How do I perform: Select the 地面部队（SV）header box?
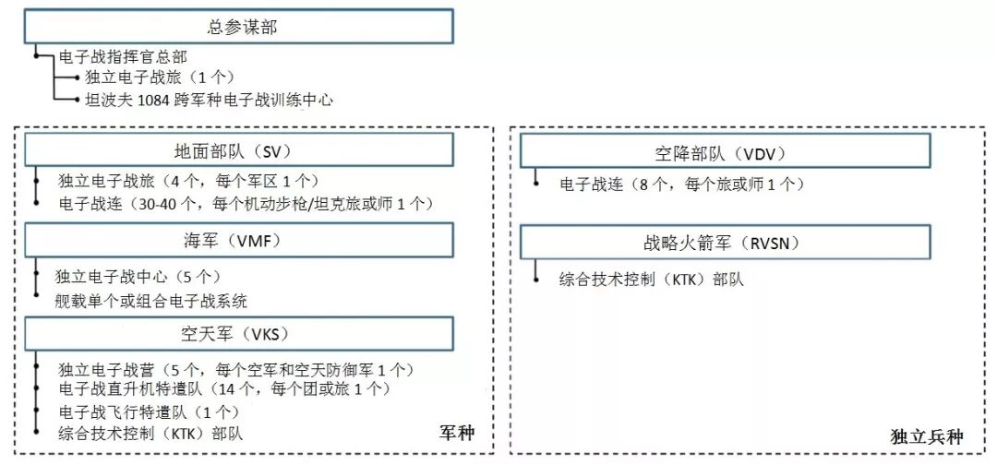click(239, 151)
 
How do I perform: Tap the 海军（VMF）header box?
click(239, 242)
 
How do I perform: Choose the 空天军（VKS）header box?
click(239, 334)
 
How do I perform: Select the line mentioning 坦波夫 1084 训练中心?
click(208, 100)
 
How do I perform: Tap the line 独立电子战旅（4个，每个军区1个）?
click(188, 181)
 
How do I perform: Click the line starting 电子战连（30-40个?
click(245, 202)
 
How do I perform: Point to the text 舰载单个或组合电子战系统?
click(152, 301)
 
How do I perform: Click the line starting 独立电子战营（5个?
click(234, 370)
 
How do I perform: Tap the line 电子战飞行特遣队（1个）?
click(149, 411)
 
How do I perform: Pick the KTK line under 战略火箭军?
click(652, 278)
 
